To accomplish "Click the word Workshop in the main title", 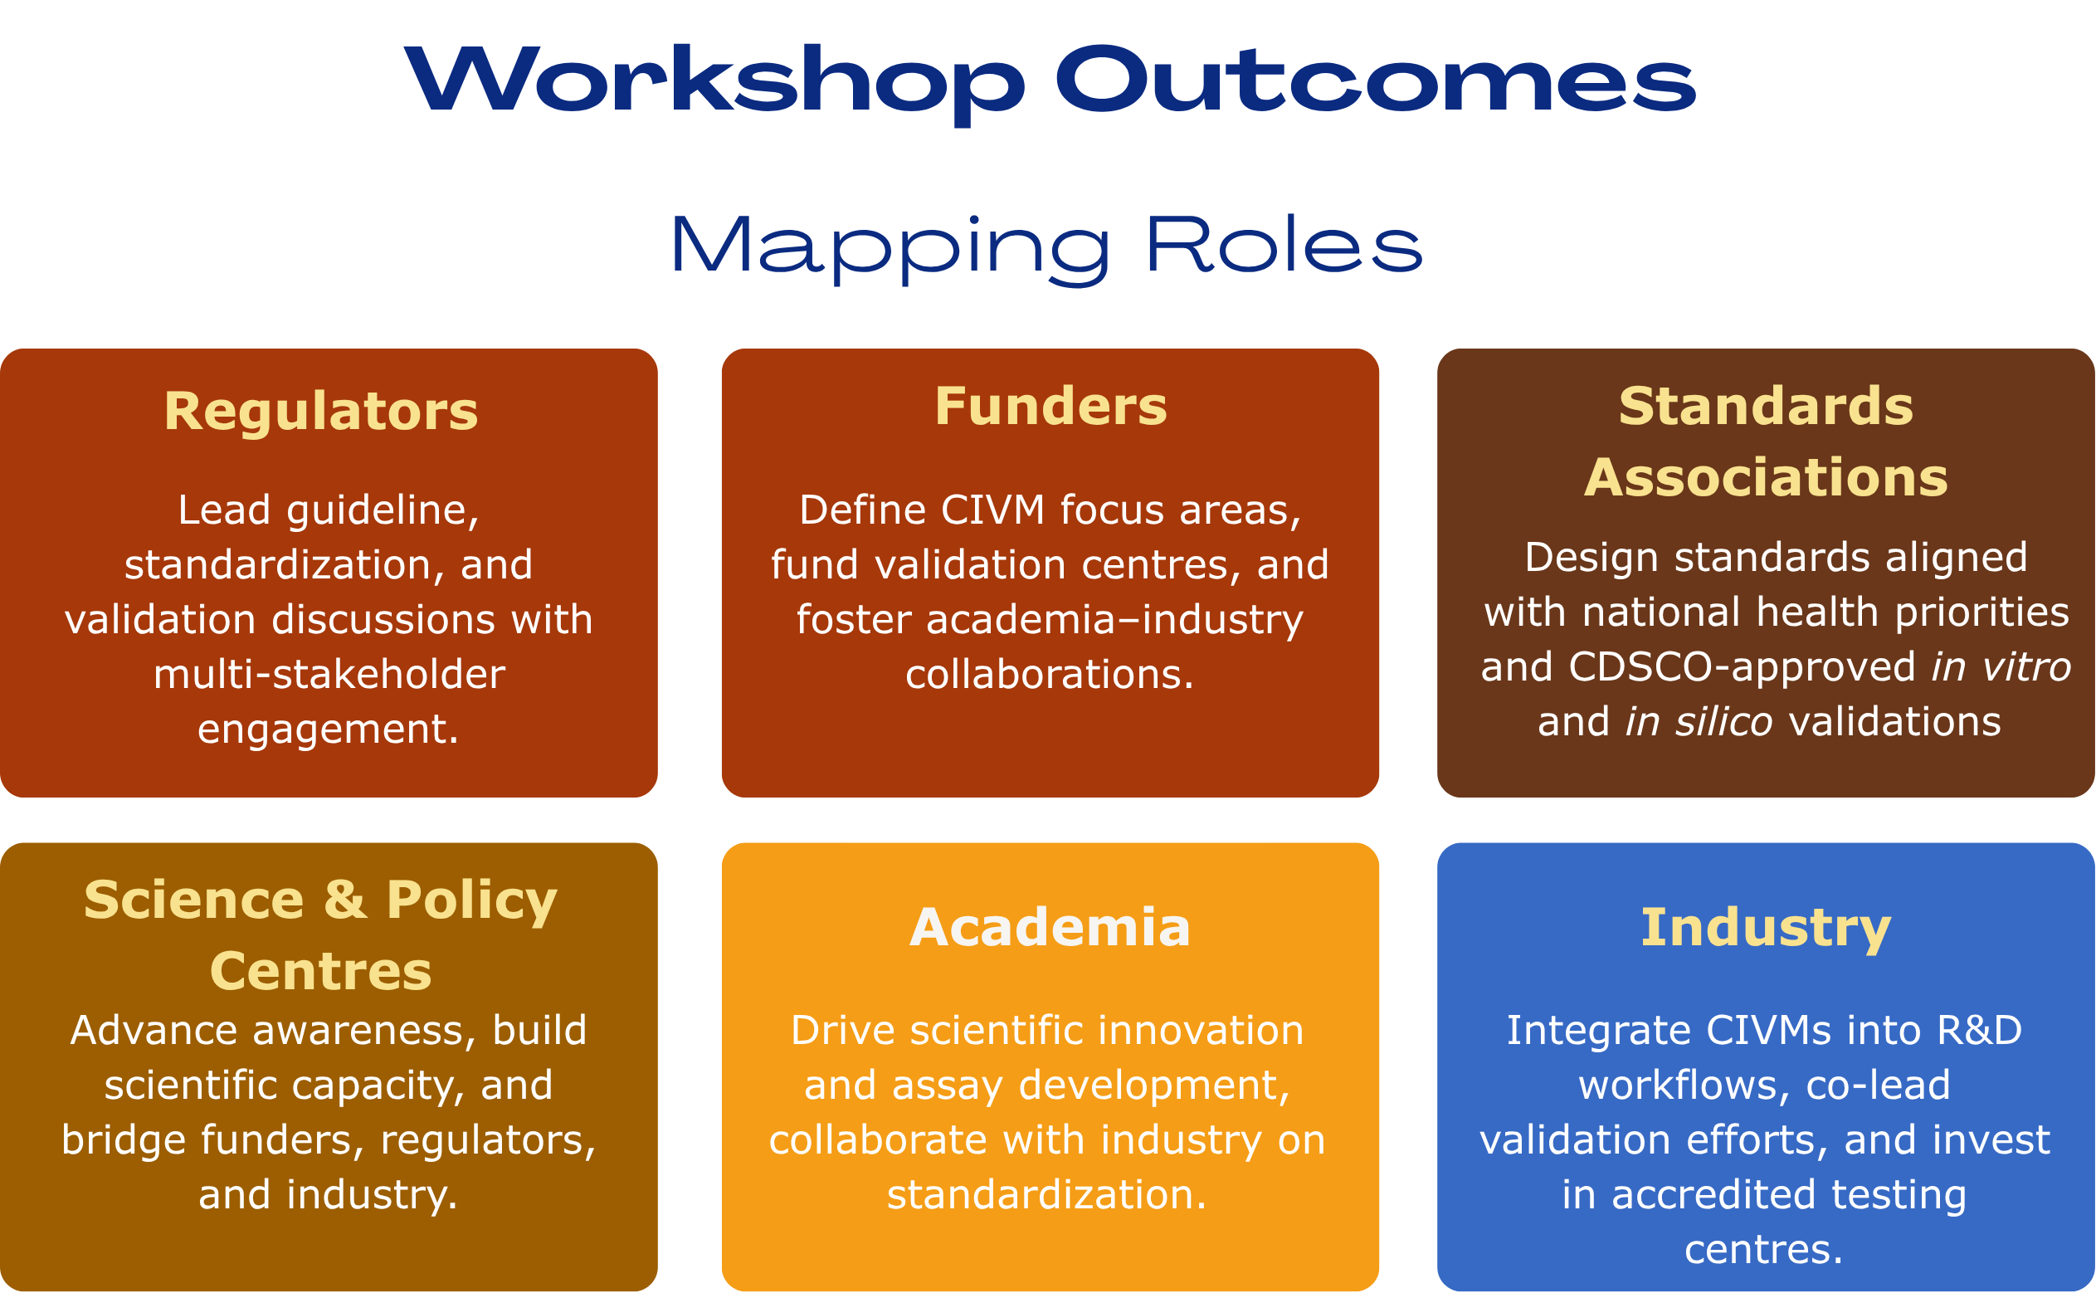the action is click(x=714, y=82).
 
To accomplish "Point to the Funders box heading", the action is click(x=1050, y=406).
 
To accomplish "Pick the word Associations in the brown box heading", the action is click(x=1766, y=477).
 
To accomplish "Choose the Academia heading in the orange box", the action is click(x=1050, y=928).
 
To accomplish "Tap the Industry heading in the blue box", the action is click(x=1766, y=929).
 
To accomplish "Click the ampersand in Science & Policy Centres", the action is click(x=345, y=900).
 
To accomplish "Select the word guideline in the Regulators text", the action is click(x=382, y=511).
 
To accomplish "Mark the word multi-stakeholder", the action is click(x=329, y=675).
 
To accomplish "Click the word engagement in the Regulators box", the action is click(x=329, y=731).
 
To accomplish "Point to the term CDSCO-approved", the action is click(x=1743, y=669).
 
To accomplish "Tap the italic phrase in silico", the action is click(x=1699, y=723).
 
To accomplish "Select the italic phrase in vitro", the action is click(x=2001, y=668).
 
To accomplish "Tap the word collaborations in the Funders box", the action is click(x=1050, y=675).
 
